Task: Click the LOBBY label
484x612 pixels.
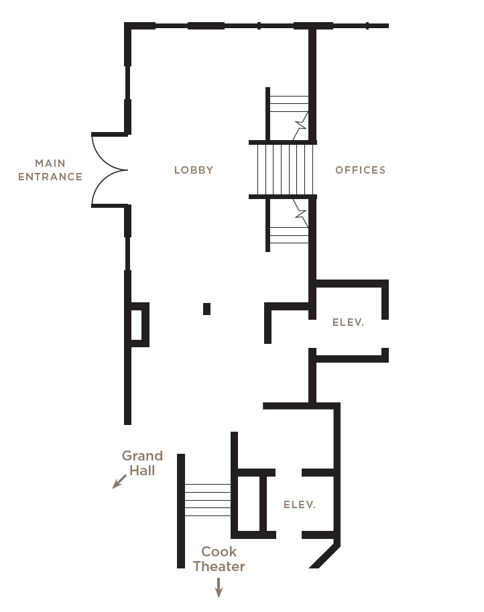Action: coord(194,170)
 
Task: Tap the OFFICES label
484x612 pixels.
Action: coord(360,170)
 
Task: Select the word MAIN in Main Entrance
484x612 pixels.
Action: coord(50,163)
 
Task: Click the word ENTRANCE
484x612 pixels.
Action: coord(50,177)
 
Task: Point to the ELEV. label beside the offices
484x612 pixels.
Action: coord(348,322)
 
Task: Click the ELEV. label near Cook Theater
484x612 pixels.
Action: coord(300,505)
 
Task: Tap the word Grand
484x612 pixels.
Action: coord(142,456)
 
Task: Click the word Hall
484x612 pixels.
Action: coord(142,471)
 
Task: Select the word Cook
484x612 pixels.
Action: coord(219,552)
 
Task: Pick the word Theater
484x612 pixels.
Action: coord(219,566)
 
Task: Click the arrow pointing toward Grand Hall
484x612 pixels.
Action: coord(119,482)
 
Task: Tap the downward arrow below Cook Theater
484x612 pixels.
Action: coord(219,587)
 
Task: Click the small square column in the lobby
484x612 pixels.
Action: coord(207,309)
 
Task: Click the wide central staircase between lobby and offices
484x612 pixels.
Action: coord(285,170)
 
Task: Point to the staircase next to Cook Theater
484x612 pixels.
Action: coord(207,500)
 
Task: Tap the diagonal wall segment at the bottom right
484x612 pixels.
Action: coord(324,554)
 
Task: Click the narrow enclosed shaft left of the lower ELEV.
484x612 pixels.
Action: coord(248,503)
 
